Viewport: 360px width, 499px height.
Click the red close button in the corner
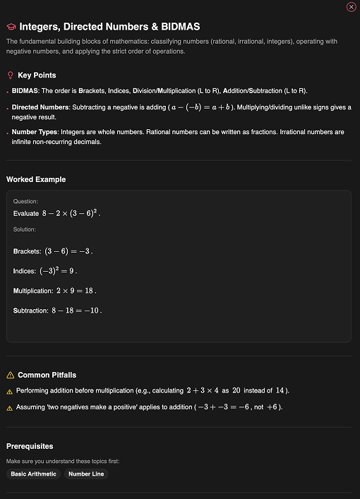tap(351, 7)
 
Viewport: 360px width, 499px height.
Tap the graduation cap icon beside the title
tap(11, 27)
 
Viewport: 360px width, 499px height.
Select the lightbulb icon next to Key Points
tap(10, 76)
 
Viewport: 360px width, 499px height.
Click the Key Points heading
tap(37, 76)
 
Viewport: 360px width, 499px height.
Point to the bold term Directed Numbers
tap(40, 107)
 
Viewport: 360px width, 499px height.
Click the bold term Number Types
tap(34, 131)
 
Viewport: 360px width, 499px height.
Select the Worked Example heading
tap(36, 179)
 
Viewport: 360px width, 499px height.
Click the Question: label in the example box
tap(25, 201)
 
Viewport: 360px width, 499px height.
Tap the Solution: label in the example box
tap(25, 229)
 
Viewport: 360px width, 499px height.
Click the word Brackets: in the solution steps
tap(27, 251)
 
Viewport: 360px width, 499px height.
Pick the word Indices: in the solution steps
tap(24, 271)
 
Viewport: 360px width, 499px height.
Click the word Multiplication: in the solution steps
tap(33, 291)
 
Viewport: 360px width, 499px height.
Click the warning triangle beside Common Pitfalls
tap(10, 375)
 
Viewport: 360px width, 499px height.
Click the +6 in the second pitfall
tap(272, 407)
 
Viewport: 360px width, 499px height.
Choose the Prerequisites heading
tap(30, 446)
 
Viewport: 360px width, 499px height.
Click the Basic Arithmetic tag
tap(34, 474)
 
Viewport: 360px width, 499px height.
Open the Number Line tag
tap(86, 474)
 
